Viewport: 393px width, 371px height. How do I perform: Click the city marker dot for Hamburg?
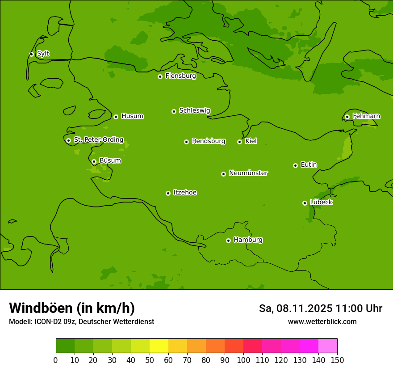[x=228, y=240]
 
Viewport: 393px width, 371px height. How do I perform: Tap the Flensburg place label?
[x=180, y=76]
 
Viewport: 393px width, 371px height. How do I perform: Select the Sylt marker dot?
[x=31, y=54]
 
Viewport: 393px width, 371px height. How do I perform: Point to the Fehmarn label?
[x=366, y=116]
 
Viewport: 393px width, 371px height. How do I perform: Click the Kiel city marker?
[x=239, y=142]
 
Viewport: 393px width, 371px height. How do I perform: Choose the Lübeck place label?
[x=321, y=202]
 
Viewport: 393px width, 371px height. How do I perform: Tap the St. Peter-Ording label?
[x=98, y=140]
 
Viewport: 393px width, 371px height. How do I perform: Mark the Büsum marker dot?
[x=94, y=161]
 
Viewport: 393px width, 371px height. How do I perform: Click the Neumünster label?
[x=248, y=173]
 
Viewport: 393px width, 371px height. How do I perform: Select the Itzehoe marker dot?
[x=168, y=193]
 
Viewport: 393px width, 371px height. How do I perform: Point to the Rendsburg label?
[x=209, y=141]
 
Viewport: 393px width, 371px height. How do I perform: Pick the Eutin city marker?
[x=295, y=165]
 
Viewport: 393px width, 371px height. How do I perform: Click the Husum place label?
[x=132, y=116]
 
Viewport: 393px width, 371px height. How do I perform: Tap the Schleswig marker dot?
[x=174, y=111]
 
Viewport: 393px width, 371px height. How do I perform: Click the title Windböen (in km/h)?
[x=71, y=308]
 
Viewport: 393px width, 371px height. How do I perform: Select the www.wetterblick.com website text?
[x=322, y=322]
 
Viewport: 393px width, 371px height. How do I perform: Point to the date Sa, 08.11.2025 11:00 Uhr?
[x=320, y=308]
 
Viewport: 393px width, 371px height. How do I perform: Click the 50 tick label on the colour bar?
[x=150, y=360]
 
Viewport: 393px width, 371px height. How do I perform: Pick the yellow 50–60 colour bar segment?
[x=159, y=346]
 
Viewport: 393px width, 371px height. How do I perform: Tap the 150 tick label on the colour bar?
[x=337, y=360]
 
